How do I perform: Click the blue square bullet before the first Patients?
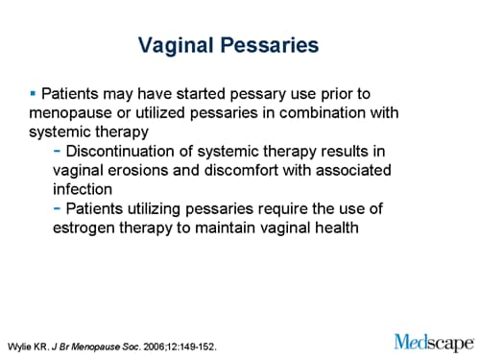click(x=33, y=93)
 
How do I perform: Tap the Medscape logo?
click(x=433, y=341)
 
